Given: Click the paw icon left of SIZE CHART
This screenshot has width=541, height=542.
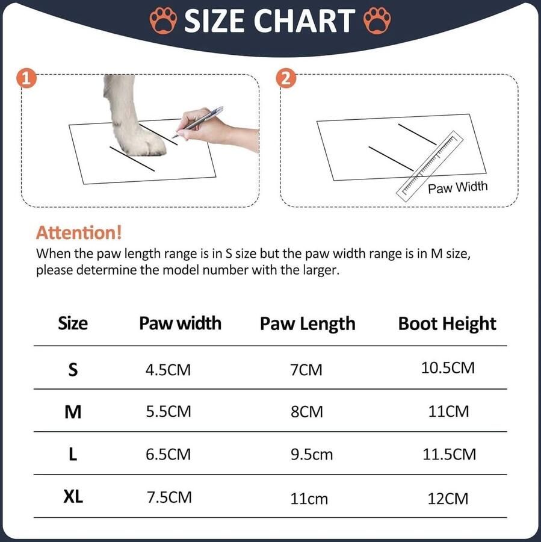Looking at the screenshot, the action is pos(164,20).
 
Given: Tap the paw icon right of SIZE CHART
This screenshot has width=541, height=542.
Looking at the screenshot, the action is pos(377,20).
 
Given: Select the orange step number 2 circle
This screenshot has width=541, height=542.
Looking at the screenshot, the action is pos(286,78).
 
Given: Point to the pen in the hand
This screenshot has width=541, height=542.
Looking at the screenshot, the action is pos(197,122).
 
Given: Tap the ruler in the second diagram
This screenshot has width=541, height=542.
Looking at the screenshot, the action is pos(430,167).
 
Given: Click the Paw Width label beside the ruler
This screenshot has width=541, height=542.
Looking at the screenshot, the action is pos(458,187).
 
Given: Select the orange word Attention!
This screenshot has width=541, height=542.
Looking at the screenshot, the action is pos(79,232).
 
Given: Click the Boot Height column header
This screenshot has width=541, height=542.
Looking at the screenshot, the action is pos(447,324).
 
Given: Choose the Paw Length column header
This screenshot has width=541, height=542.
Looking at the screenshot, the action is pos(308,324).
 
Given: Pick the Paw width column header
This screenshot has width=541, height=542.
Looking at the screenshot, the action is pos(180,323).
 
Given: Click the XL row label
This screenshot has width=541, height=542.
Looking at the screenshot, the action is pos(73,497).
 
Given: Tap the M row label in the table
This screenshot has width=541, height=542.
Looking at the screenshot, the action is pos(73,412).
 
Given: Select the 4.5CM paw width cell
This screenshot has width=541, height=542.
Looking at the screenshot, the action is pos(168,370).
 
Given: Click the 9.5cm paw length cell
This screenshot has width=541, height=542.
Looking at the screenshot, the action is pos(312,454).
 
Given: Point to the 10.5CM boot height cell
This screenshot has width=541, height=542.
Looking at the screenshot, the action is pos(448,367).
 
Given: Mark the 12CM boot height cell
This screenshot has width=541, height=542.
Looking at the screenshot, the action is pos(448,499).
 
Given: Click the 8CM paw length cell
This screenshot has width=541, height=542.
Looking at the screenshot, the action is pos(307,412).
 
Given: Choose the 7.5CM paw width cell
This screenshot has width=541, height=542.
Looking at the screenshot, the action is pos(169,497).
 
